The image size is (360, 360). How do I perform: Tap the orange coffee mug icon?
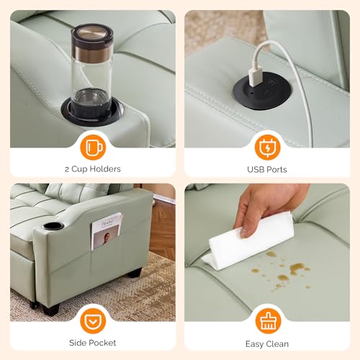(93, 147)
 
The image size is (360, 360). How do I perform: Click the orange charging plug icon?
(267, 147)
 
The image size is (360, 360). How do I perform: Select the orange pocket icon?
(93, 321)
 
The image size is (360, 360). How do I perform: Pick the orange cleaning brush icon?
(268, 321)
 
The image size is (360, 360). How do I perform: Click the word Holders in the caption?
(105, 169)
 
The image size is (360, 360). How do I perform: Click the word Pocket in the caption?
(102, 343)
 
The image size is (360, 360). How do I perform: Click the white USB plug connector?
(256, 77)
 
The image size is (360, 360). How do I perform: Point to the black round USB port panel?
(262, 91)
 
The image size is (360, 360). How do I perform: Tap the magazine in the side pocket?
(107, 230)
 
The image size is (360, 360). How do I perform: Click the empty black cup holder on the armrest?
(53, 226)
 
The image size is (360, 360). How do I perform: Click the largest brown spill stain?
(297, 268)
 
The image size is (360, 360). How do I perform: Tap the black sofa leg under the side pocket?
(135, 273)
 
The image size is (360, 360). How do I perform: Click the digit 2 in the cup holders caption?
(67, 170)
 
